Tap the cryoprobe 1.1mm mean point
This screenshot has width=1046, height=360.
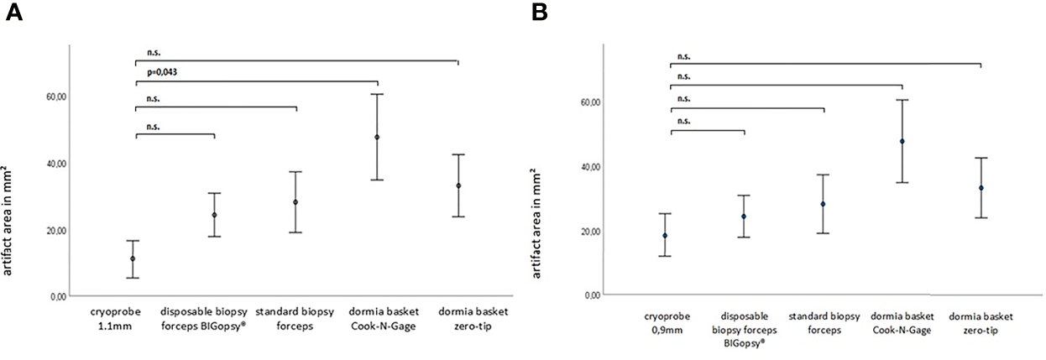[133, 258]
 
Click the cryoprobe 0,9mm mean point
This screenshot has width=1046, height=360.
[665, 236]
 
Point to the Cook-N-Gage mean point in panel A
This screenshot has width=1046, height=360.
[377, 137]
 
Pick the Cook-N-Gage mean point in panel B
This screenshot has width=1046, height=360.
[902, 141]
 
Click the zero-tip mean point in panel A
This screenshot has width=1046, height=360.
[458, 185]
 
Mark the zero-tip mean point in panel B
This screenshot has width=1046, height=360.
[981, 188]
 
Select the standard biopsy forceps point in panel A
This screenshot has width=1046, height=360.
[295, 202]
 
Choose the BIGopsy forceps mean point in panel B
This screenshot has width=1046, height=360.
[743, 217]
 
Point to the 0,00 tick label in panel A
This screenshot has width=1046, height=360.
[59, 296]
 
